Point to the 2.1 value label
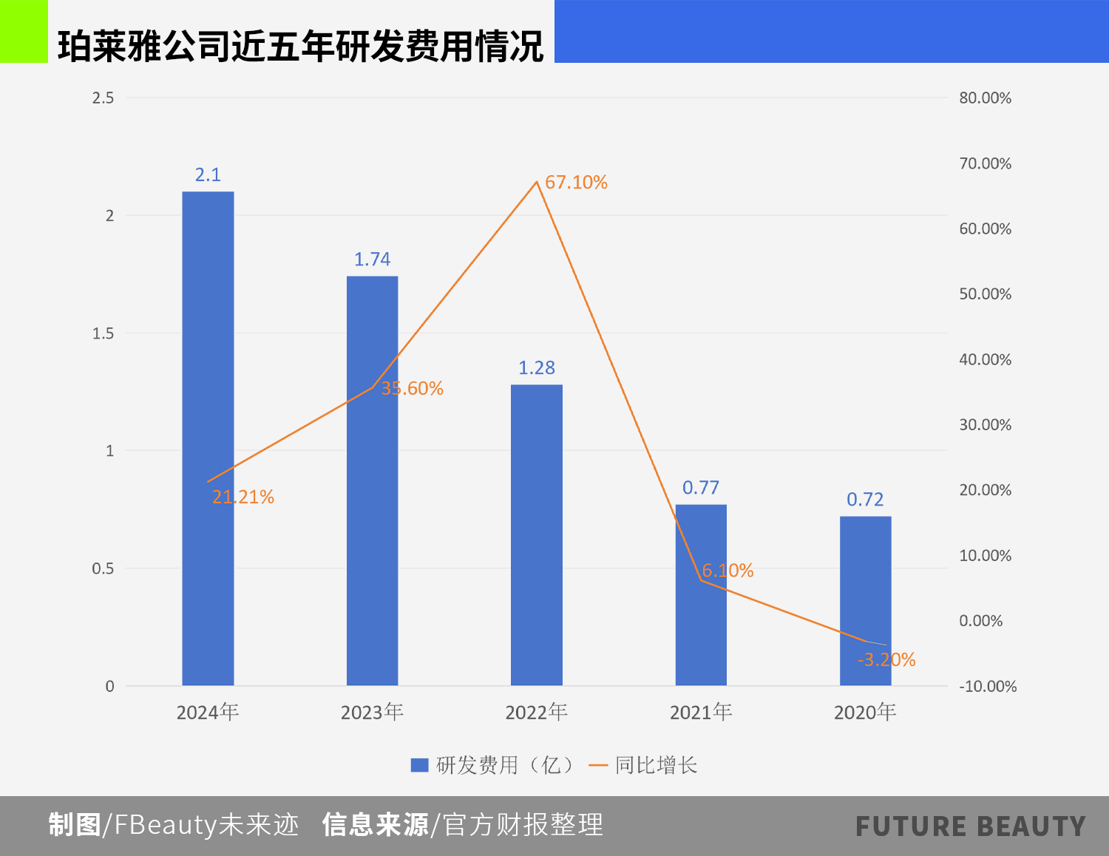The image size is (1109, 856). (208, 175)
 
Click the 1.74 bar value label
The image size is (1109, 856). (372, 259)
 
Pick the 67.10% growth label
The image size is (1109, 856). (576, 183)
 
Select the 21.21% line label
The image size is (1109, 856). (243, 497)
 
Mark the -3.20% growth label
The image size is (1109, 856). (886, 660)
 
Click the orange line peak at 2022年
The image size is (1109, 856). (537, 181)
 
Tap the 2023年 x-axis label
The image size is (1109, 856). (372, 712)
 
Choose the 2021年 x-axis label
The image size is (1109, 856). (701, 712)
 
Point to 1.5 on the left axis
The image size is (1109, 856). (104, 333)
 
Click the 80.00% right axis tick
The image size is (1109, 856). (985, 98)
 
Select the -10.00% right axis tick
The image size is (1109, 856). (988, 687)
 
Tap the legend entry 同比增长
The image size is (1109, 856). (643, 765)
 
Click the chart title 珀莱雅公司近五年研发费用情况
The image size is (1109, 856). (300, 46)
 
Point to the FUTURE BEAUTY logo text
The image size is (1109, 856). (971, 826)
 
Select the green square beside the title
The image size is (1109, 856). (24, 31)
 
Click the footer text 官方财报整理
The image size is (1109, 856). (523, 825)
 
